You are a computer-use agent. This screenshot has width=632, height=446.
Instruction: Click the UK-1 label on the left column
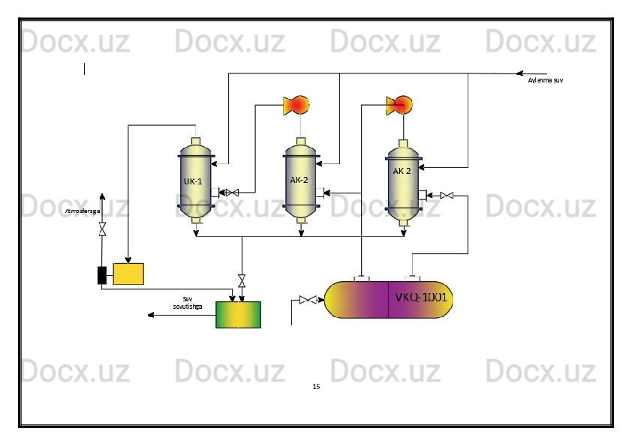pos(193,181)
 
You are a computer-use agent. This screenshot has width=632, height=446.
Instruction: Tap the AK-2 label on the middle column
pos(299,180)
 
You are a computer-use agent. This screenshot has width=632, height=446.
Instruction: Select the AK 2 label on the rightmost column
pos(402,171)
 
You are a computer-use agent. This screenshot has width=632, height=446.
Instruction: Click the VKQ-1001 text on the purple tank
pos(422,298)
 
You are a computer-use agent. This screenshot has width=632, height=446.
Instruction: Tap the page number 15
pos(316,387)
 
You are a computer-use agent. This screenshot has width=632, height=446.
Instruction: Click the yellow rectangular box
pos(128,274)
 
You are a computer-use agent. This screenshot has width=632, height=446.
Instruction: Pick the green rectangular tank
pos(238,315)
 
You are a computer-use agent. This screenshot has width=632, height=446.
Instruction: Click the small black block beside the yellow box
pos(102,275)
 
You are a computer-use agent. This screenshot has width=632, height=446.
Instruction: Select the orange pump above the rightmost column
pos(399,105)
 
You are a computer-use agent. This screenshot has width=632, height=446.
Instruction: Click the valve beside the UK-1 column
pos(232,193)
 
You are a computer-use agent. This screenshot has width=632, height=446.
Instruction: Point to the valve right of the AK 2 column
pos(447,196)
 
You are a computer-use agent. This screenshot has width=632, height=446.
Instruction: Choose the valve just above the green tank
pos(242,281)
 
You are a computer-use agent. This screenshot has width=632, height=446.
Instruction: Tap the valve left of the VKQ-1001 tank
pos(307,301)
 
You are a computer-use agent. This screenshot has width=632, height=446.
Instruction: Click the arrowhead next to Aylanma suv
pos(518,73)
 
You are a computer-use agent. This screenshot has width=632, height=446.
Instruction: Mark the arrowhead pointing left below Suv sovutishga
pos(151,315)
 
